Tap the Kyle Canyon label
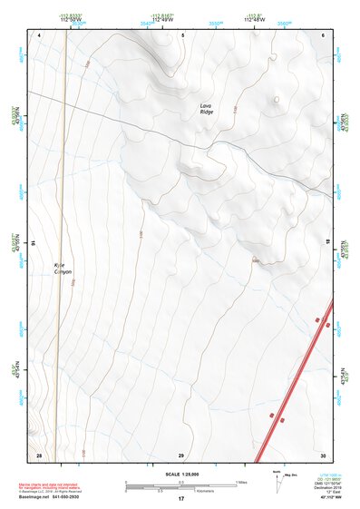(61, 269)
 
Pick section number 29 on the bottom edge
(181, 454)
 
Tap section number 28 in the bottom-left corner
(39, 454)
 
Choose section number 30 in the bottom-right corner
(323, 454)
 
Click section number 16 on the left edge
(34, 244)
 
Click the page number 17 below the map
(181, 499)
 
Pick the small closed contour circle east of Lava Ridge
(276, 102)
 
